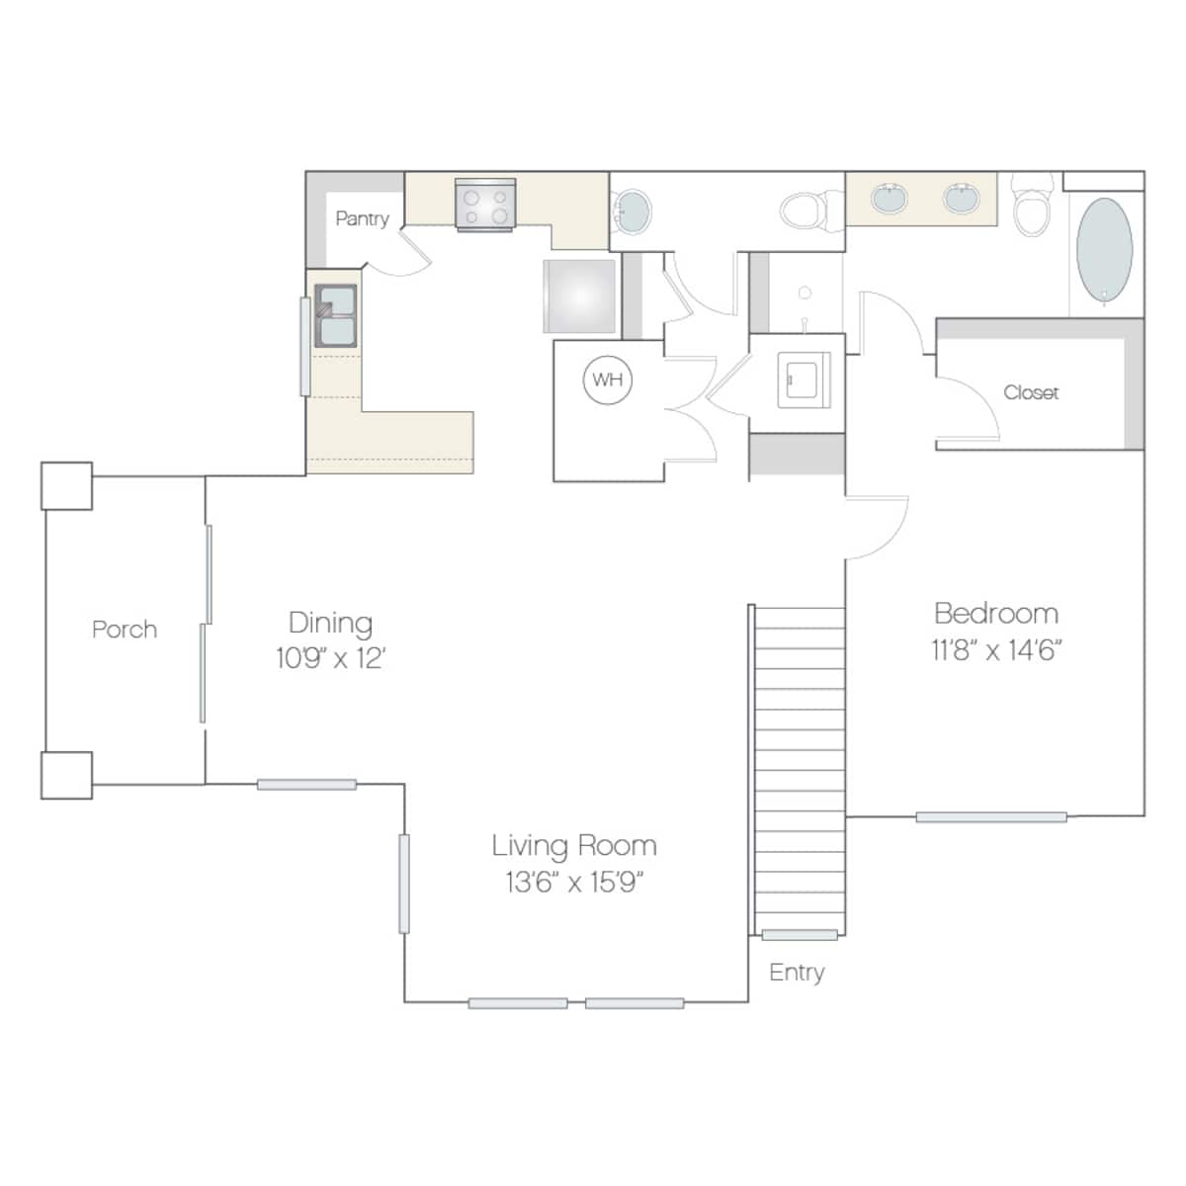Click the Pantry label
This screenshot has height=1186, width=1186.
tap(362, 218)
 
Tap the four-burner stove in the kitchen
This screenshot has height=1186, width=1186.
tap(485, 206)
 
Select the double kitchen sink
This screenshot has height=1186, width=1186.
tap(336, 315)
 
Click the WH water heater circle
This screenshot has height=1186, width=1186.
tap(608, 381)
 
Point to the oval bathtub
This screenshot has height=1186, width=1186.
tap(1104, 250)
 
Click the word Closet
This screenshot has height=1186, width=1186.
tap(1031, 392)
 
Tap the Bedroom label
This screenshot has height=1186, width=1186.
tap(996, 613)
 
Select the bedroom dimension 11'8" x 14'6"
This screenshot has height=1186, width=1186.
tap(996, 650)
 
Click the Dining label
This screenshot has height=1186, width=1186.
tap(330, 623)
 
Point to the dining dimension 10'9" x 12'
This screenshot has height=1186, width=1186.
tap(330, 658)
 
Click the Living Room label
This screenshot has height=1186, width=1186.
tap(574, 845)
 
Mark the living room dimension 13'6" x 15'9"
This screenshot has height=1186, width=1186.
tap(574, 882)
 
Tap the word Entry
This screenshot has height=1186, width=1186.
tap(797, 973)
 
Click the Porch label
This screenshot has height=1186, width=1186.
tap(125, 630)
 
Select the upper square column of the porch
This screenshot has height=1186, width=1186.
tap(66, 486)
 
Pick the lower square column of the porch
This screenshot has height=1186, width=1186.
tap(66, 776)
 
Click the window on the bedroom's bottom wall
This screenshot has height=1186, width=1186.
tap(991, 817)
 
